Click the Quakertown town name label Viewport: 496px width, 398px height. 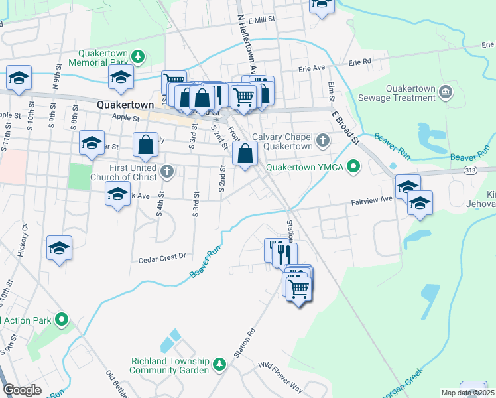tap(125, 105)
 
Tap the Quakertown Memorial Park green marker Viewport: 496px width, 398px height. tap(137, 56)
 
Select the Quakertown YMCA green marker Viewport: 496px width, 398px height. tap(354, 166)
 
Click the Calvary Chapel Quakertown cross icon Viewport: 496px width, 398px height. tap(323, 140)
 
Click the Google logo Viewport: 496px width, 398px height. tap(23, 389)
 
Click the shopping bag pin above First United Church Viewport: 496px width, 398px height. tap(145, 145)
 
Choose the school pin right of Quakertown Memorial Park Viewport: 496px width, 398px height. tap(121, 78)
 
